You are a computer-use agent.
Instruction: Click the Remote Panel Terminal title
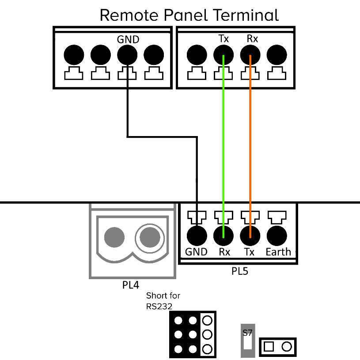coord(189,15)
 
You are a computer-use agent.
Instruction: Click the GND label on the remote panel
coord(128,39)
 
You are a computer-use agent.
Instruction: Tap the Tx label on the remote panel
coord(224,39)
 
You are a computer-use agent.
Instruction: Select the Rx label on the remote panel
coord(252,39)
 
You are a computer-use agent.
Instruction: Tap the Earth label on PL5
coord(278,252)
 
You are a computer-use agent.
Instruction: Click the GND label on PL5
coord(196,252)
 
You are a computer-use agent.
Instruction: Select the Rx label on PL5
coord(224,252)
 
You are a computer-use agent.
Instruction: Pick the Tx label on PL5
coord(250,252)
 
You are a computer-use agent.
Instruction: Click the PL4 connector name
coord(133,285)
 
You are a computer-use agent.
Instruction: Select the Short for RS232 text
coord(163,300)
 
